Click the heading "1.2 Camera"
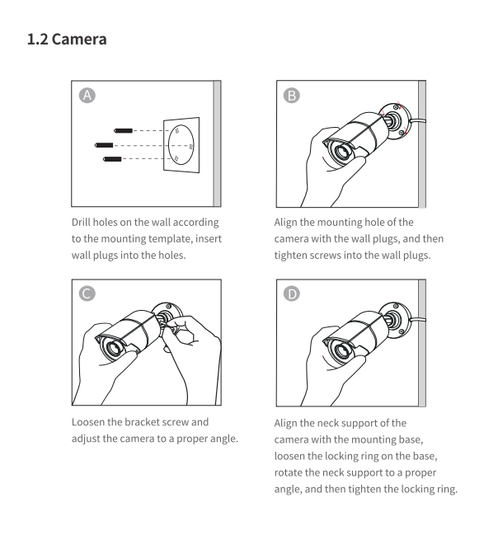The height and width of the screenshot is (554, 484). click(67, 40)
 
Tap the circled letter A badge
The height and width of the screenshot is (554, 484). click(87, 96)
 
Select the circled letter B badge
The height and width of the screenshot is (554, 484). click(292, 96)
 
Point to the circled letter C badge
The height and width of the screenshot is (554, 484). click(87, 293)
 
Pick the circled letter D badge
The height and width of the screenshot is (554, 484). click(292, 293)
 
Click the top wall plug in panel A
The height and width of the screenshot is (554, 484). click(123, 131)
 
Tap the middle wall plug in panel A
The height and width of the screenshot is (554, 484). click(104, 145)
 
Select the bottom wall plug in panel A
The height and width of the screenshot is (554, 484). click(112, 159)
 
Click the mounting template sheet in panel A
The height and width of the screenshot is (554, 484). click(181, 145)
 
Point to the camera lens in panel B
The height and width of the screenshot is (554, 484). click(341, 153)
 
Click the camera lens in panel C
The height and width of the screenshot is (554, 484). click(114, 349)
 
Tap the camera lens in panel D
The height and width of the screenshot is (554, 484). click(341, 351)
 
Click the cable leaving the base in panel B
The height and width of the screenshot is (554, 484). click(418, 120)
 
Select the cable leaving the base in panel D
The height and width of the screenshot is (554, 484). click(418, 319)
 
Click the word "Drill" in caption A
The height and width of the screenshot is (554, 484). click(81, 223)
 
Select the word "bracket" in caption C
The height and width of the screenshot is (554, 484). click(140, 422)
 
